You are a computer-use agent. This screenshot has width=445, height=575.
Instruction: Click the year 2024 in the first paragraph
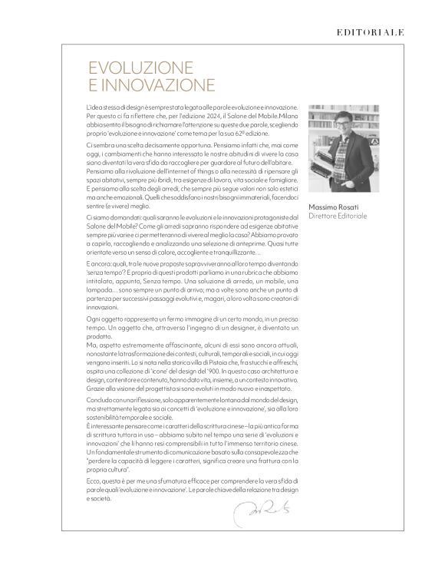tap(198, 113)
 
